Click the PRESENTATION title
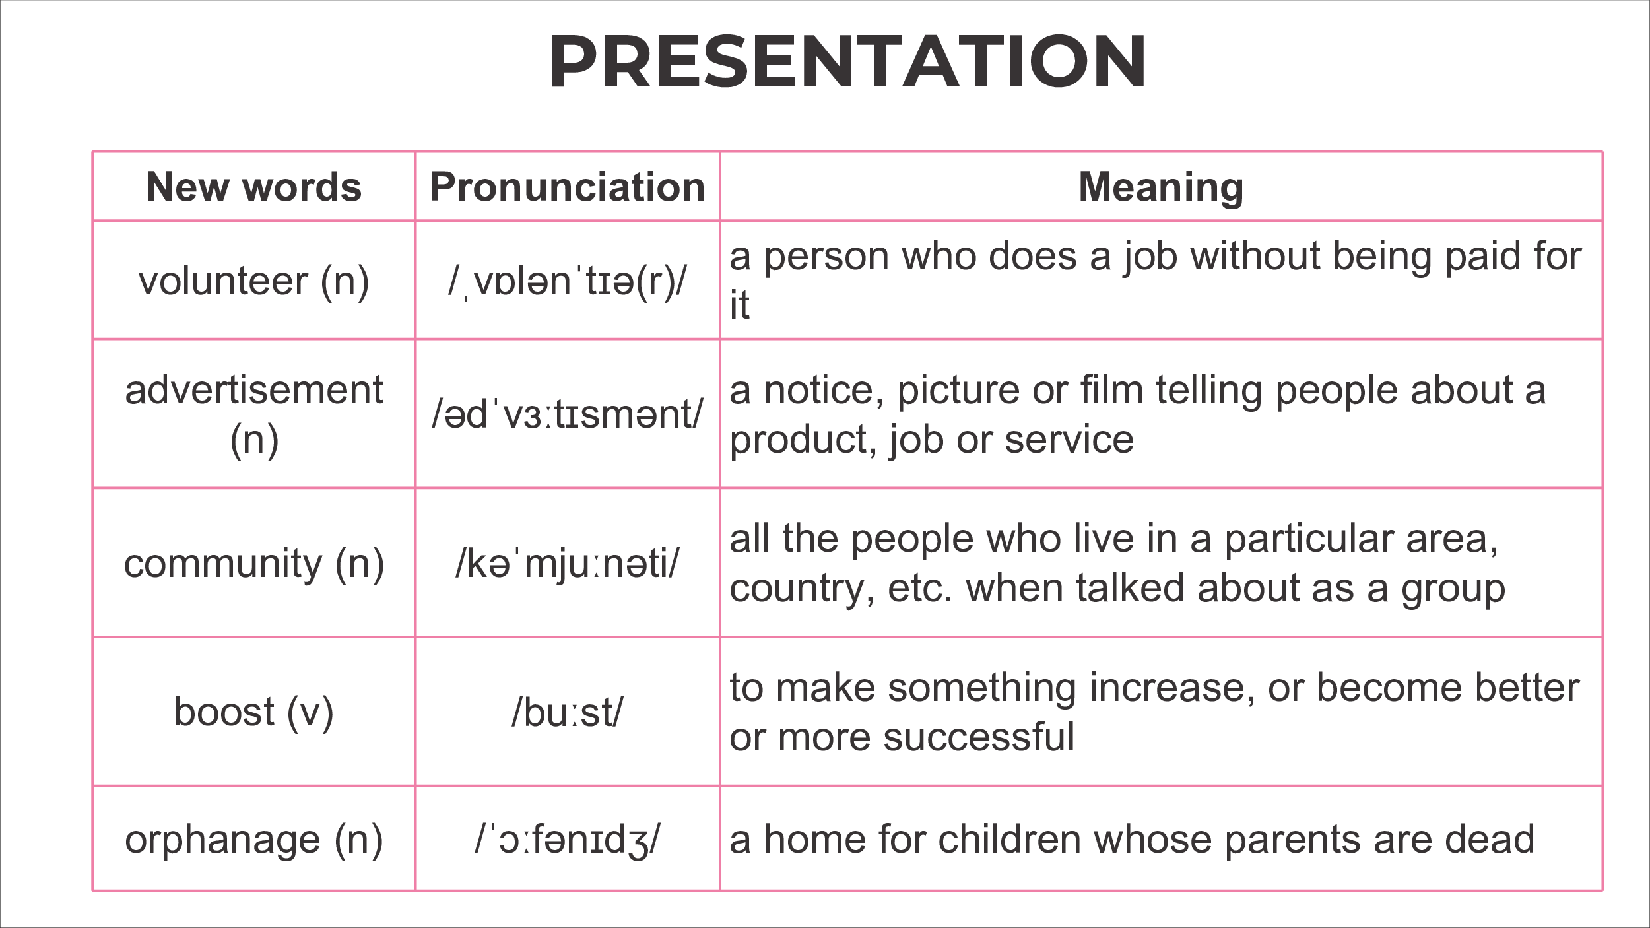(x=847, y=61)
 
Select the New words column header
(x=254, y=186)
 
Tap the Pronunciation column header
(x=568, y=186)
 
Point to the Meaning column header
(x=1161, y=187)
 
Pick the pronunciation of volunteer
(x=567, y=282)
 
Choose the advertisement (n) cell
(x=254, y=414)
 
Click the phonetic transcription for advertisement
(x=568, y=414)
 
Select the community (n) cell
(x=254, y=564)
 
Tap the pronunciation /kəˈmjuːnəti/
(x=567, y=564)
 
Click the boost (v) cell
(x=254, y=712)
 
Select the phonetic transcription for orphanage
(x=567, y=840)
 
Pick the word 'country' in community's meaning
(x=802, y=589)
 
